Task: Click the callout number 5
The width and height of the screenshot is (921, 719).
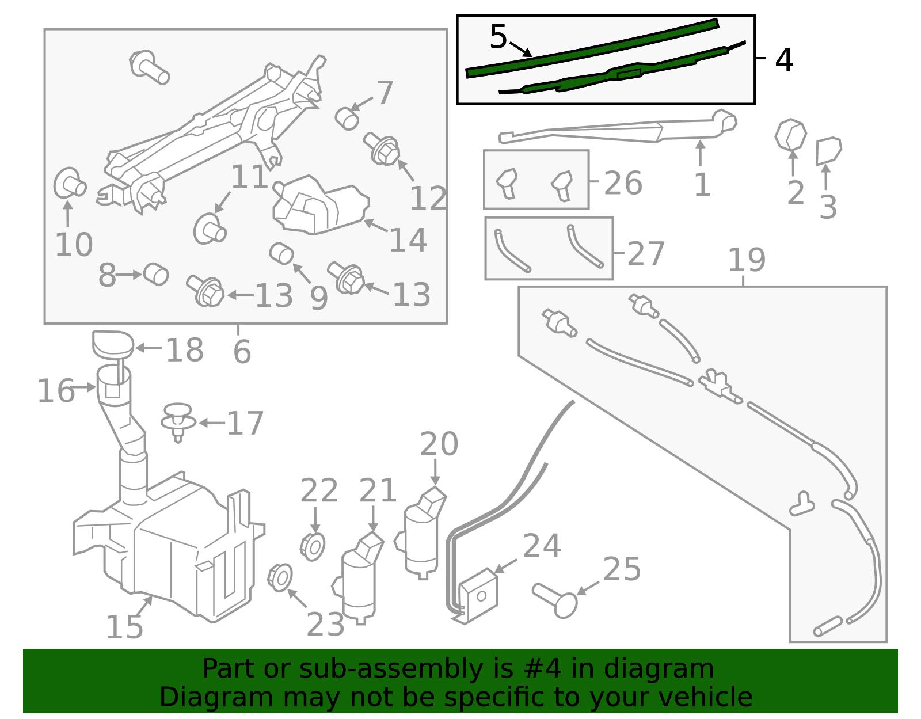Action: click(498, 36)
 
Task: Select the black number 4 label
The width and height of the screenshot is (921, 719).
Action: click(783, 60)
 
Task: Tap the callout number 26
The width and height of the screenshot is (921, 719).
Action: click(623, 183)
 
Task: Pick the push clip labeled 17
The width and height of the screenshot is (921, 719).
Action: click(178, 422)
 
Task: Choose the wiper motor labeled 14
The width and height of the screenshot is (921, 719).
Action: click(321, 204)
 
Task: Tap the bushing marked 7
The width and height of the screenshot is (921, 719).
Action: click(347, 119)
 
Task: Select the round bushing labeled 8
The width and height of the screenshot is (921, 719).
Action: click(156, 274)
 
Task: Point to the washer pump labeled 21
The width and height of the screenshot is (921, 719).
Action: click(358, 577)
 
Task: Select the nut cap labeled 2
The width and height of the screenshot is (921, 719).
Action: click(790, 135)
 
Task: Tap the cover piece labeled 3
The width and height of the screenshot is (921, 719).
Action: click(828, 151)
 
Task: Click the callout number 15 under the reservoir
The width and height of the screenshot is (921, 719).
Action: click(124, 627)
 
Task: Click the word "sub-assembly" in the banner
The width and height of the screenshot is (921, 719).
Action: click(391, 668)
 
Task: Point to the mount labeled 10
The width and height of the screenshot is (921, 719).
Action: click(69, 184)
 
